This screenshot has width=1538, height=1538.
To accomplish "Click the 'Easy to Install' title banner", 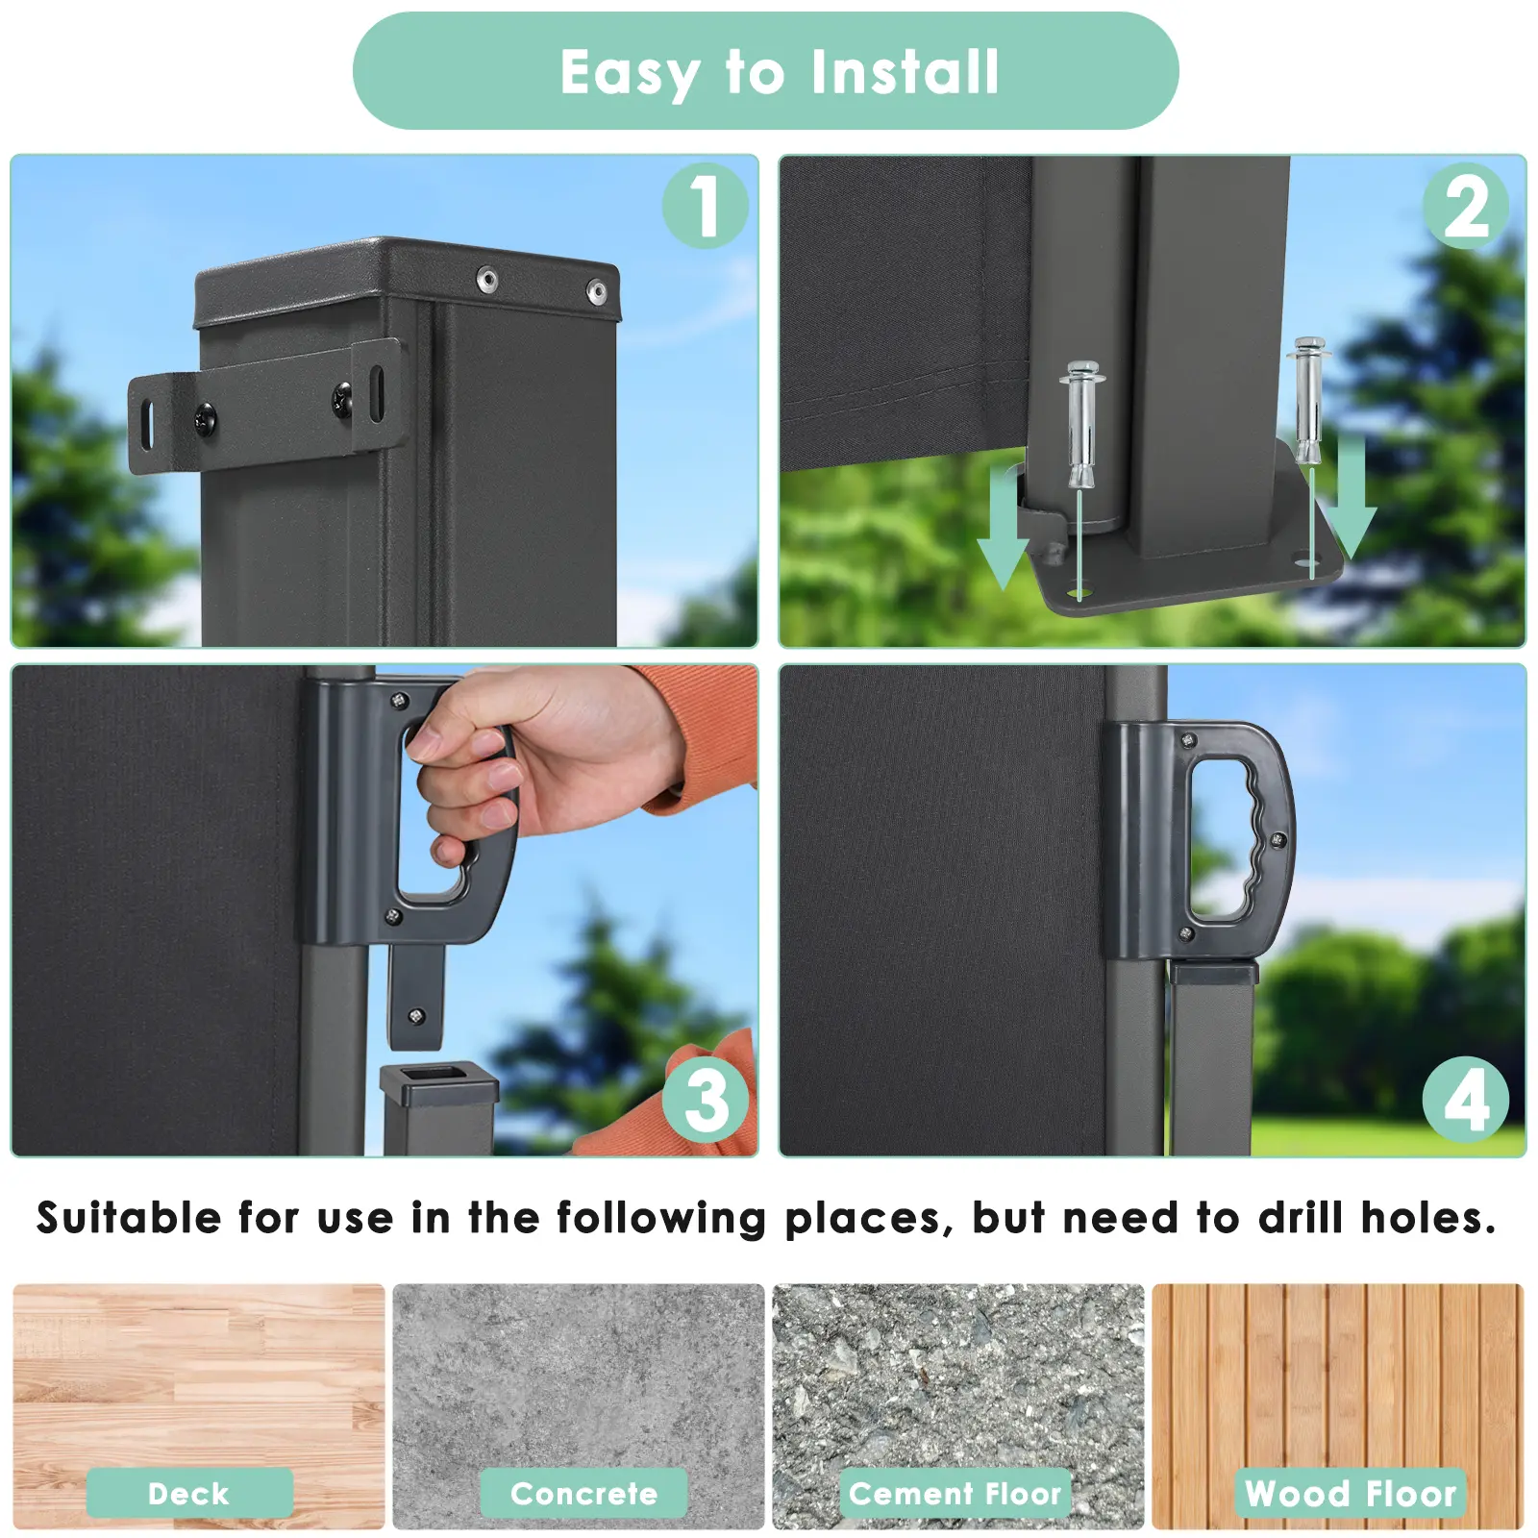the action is point(765,71).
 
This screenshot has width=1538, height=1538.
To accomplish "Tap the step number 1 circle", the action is point(706,206).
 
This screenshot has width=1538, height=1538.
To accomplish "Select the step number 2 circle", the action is point(1466,206).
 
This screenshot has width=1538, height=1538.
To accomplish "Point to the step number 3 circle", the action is point(706,1100).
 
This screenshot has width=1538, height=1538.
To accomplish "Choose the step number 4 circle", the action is point(1466,1100).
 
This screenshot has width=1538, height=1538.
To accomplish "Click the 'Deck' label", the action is point(189,1493).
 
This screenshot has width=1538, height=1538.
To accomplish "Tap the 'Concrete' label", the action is point(583,1493).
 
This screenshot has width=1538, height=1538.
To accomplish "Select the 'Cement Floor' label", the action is point(955,1493).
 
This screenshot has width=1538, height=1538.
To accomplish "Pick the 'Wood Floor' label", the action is point(1351,1493).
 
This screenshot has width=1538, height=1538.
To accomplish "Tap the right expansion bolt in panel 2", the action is point(1309,400).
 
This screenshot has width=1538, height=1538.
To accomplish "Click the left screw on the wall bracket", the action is point(205,417).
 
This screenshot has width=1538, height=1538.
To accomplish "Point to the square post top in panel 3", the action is point(439,1083).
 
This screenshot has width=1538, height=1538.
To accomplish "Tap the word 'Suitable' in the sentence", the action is point(129,1218).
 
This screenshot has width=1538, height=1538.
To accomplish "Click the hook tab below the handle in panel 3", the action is point(416,997).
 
